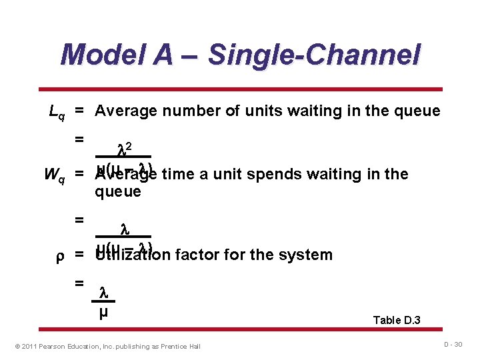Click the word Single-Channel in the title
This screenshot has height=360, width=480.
pyautogui.click(x=314, y=55)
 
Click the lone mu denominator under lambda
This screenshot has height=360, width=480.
pyautogui.click(x=103, y=311)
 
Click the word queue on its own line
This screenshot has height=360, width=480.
pyautogui.click(x=118, y=192)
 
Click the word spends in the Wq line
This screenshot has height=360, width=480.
pyautogui.click(x=269, y=175)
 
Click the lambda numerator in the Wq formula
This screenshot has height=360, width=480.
pyautogui.click(x=123, y=229)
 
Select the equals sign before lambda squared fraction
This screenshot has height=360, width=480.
pyautogui.click(x=79, y=139)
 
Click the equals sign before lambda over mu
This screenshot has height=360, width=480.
pyautogui.click(x=79, y=283)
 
